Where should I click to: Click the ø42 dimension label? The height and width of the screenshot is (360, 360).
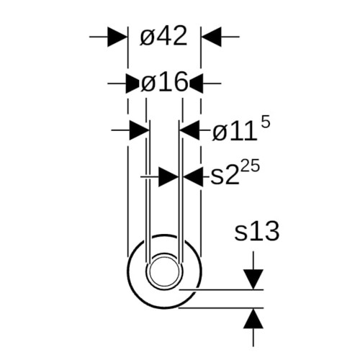click(x=163, y=37)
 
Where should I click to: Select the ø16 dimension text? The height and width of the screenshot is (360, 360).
click(x=164, y=82)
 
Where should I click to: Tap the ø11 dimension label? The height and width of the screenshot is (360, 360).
click(x=234, y=132)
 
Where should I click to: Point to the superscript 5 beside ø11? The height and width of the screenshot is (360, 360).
click(x=266, y=123)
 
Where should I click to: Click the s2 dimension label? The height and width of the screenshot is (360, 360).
click(x=225, y=176)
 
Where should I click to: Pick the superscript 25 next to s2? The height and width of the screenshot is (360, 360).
click(x=250, y=166)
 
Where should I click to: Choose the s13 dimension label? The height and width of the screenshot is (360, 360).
click(x=257, y=231)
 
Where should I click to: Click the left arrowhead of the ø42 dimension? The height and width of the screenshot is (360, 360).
click(x=117, y=37)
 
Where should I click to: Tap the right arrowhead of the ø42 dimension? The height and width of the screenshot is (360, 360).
click(x=211, y=37)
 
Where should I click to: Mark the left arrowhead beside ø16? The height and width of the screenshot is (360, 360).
click(x=132, y=84)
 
